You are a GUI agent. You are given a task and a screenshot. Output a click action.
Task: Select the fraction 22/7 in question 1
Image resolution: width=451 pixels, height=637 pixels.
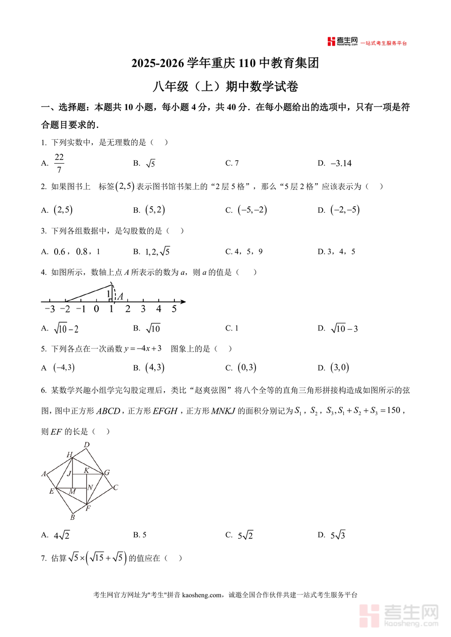[x=59, y=163]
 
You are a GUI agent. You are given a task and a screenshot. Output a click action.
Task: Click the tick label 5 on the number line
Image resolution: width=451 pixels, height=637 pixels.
[x=174, y=309]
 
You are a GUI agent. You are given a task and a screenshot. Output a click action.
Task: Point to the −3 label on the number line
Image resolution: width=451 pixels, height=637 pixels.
[x=49, y=309]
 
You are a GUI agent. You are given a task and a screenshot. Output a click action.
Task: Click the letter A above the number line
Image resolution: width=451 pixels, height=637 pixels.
[x=120, y=296]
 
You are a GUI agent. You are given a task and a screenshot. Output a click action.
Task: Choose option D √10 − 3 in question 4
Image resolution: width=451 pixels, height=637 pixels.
[x=344, y=329]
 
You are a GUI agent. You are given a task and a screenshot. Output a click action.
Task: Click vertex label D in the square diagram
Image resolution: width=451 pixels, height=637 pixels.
[x=86, y=445]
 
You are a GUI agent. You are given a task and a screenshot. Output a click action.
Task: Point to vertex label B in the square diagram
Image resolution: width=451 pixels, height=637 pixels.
[x=72, y=517]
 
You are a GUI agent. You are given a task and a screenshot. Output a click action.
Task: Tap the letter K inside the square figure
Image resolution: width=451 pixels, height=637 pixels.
[x=86, y=470]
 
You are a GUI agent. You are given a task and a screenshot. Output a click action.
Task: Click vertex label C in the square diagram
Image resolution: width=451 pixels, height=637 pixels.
[x=115, y=487]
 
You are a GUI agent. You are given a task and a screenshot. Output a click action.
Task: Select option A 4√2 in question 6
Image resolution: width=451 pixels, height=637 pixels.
[x=62, y=535]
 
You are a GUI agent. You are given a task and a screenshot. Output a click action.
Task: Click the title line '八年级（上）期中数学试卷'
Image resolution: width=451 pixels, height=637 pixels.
[x=225, y=87]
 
